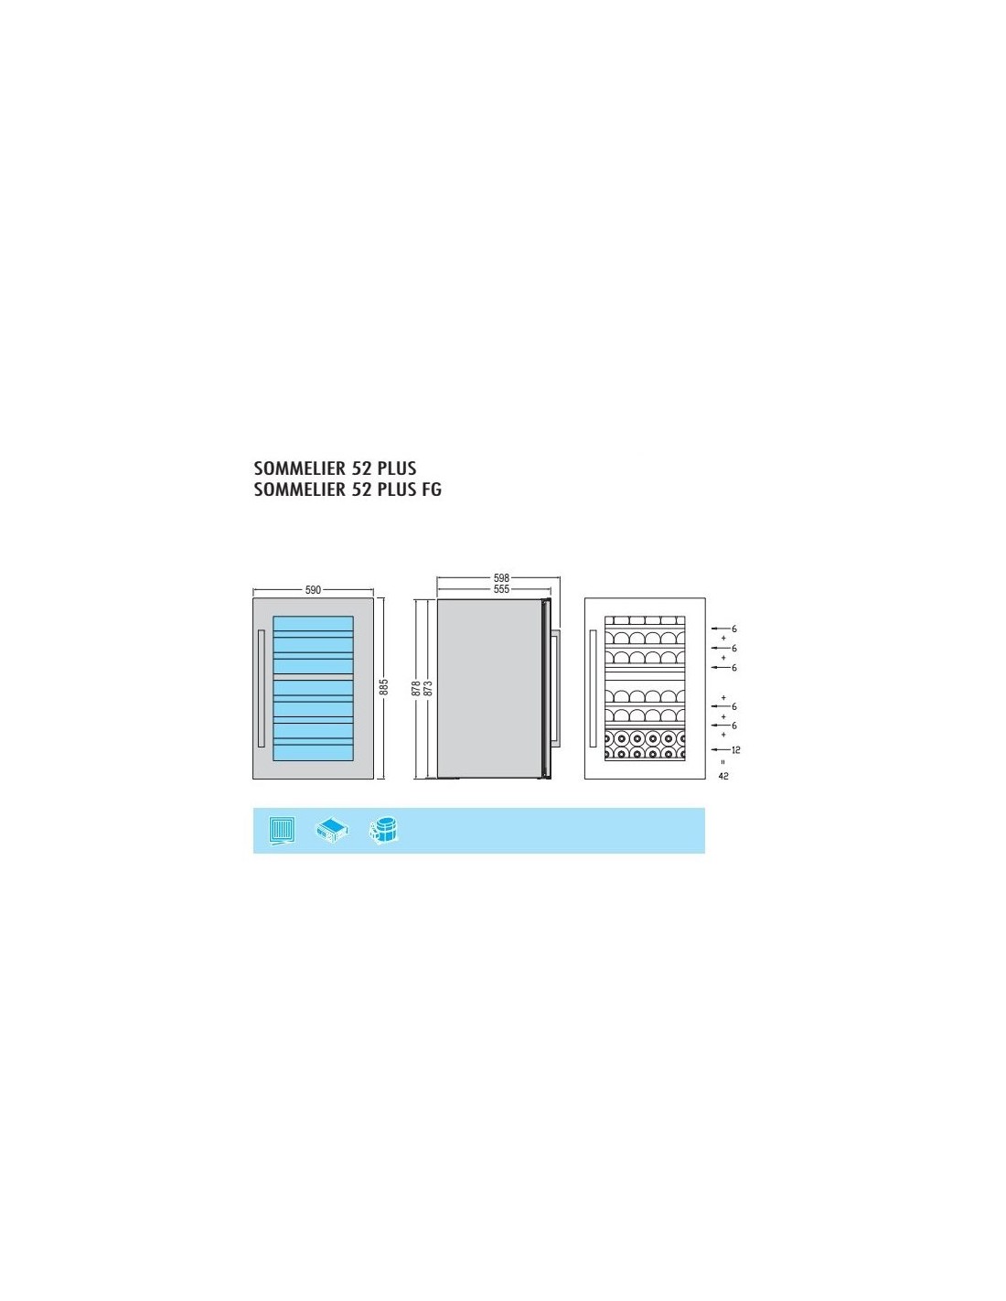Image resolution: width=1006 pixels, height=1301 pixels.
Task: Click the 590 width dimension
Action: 313,590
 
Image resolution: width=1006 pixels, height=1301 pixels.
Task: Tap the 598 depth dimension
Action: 501,577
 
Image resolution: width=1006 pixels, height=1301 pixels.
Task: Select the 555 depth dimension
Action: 501,589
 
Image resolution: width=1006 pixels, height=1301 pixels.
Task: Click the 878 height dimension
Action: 416,689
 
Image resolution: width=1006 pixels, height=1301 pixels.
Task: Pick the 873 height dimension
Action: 427,689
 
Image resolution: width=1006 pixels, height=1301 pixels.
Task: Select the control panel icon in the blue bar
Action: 332,830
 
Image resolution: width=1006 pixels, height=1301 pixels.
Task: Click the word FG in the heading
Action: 431,489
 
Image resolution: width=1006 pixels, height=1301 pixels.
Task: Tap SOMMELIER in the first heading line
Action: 297,468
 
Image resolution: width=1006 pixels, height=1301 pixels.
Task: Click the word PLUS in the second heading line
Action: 397,489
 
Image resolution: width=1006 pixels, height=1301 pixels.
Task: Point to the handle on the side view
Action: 557,687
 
